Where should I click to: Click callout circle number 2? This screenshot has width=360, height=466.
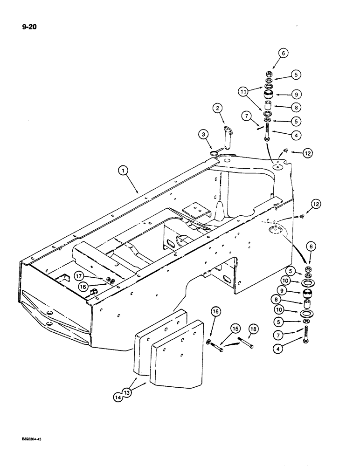point(217,110)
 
